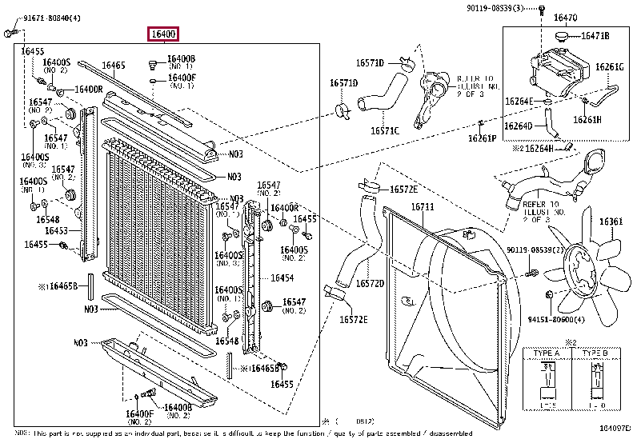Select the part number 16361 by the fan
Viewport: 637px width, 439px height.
(611, 221)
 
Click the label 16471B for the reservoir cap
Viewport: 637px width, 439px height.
(595, 36)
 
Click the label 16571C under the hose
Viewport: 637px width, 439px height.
(384, 130)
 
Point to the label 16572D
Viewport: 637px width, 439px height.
(369, 283)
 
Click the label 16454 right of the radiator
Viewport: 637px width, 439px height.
(282, 277)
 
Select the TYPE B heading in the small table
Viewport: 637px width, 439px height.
(595, 353)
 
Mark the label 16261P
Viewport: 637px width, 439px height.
(483, 138)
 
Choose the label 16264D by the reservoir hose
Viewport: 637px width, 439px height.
(519, 126)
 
